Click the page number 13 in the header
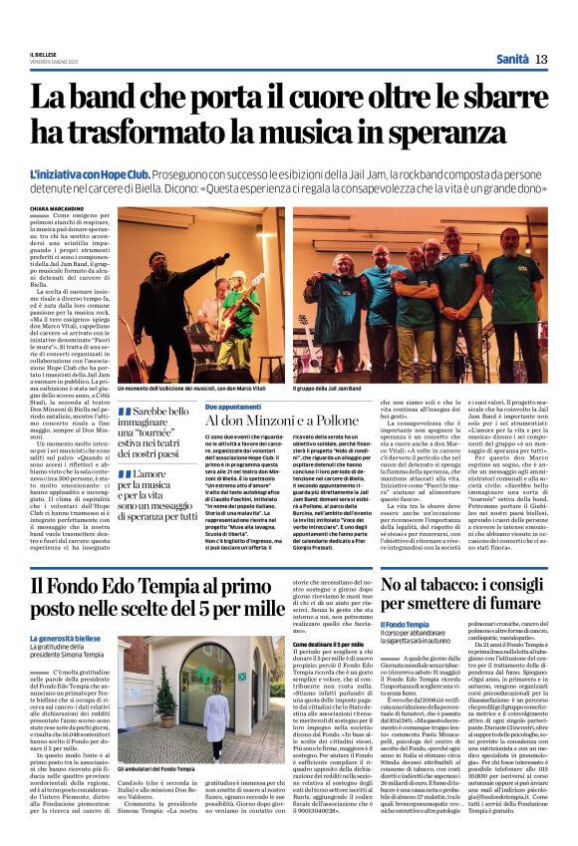click(x=541, y=60)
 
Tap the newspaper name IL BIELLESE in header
click(x=43, y=53)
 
